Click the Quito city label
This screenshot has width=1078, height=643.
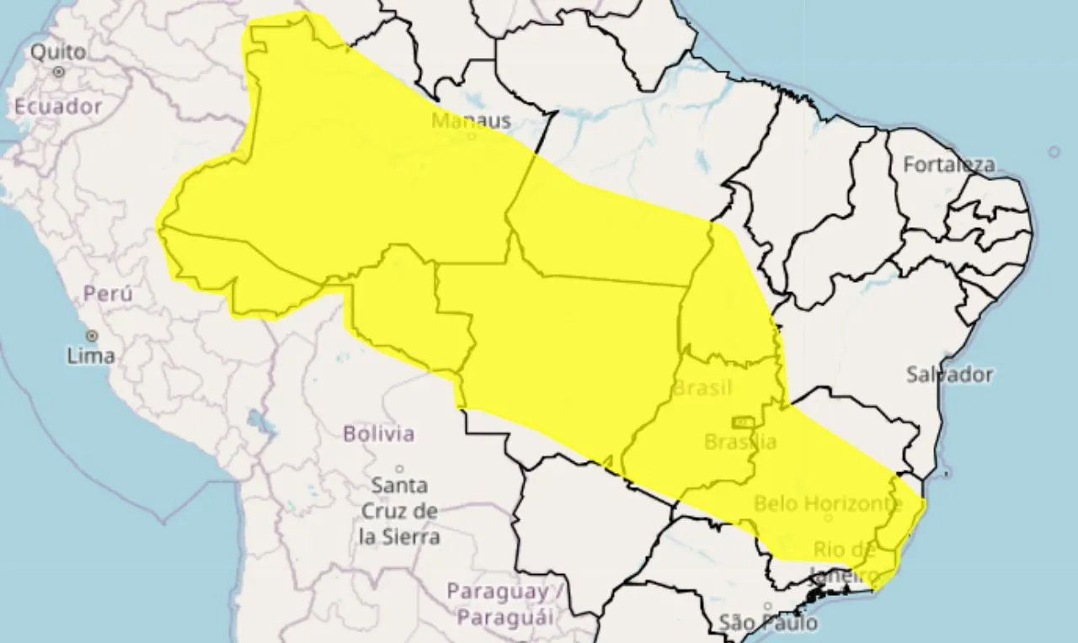click(x=58, y=52)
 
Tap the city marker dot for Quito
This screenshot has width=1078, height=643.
click(x=59, y=72)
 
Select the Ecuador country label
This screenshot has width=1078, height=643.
click(x=58, y=107)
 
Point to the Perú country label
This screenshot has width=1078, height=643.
click(x=108, y=295)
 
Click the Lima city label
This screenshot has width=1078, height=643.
click(x=91, y=356)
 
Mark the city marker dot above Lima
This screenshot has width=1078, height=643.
click(x=91, y=336)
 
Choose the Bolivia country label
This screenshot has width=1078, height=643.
click(x=379, y=434)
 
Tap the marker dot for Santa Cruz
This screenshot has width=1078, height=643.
click(x=399, y=469)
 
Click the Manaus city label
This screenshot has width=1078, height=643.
click(x=471, y=120)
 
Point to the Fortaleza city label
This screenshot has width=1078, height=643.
click(x=949, y=165)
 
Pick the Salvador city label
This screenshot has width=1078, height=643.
click(x=950, y=375)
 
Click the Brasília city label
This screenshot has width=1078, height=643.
click(x=740, y=441)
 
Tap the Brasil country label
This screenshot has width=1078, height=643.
click(x=702, y=389)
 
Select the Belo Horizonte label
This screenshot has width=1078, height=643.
click(x=828, y=503)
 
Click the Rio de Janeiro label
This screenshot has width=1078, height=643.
click(x=845, y=562)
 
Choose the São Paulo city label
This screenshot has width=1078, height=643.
click(x=768, y=623)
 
